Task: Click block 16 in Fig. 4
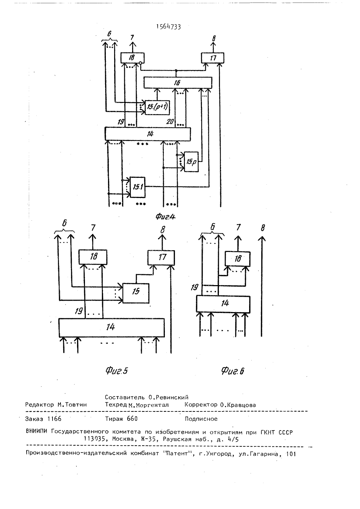click(x=178, y=83)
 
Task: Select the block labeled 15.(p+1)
click(x=157, y=107)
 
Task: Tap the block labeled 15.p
click(x=191, y=162)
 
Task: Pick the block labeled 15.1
click(x=138, y=187)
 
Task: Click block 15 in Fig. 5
click(x=136, y=293)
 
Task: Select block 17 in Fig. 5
click(x=161, y=257)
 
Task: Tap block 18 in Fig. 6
click(x=238, y=259)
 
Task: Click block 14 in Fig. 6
click(x=223, y=304)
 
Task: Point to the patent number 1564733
click(x=168, y=27)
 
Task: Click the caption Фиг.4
click(x=166, y=217)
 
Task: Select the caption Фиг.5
click(x=117, y=371)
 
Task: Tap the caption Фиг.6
click(x=233, y=371)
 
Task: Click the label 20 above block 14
click(x=170, y=122)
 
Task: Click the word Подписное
click(x=201, y=419)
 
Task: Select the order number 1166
click(x=55, y=419)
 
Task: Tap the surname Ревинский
click(x=172, y=397)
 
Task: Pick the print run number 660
click(x=132, y=419)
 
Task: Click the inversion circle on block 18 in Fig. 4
click(x=141, y=63)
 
